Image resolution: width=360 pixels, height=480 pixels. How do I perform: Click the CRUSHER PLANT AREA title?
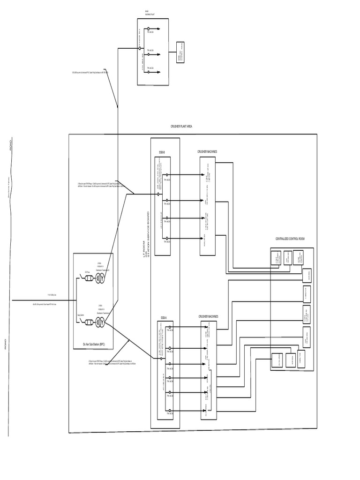pyautogui.click(x=181, y=127)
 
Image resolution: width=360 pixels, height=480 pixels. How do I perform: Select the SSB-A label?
pyautogui.click(x=164, y=317)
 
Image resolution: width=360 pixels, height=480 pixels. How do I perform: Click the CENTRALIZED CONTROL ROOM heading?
pyautogui.click(x=290, y=239)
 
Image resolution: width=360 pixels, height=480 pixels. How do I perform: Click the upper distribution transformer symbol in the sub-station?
pyautogui.click(x=100, y=279)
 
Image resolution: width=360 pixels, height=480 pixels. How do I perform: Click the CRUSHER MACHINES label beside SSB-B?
pyautogui.click(x=207, y=152)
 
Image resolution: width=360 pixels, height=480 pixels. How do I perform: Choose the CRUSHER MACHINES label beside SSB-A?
pyautogui.click(x=208, y=316)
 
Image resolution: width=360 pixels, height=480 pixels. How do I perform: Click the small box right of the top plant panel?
pyautogui.click(x=180, y=52)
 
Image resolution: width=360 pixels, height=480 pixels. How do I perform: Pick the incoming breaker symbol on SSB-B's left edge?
pyautogui.click(x=159, y=194)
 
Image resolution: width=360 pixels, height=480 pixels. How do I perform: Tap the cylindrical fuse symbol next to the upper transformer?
pyautogui.click(x=88, y=279)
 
